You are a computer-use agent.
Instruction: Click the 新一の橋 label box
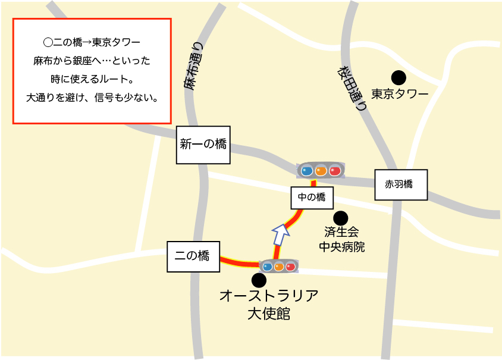[x=203, y=145]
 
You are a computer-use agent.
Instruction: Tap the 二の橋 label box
[x=193, y=256]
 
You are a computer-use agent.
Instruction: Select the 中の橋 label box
[x=312, y=198]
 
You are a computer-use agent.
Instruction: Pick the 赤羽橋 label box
[x=400, y=184]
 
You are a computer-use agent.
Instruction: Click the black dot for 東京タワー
[x=398, y=77]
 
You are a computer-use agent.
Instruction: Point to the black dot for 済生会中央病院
[x=341, y=218]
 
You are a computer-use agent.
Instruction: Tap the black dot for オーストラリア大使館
[x=259, y=280]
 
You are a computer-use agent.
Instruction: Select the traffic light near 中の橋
[x=321, y=171]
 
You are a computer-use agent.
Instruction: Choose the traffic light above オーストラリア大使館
[x=279, y=267]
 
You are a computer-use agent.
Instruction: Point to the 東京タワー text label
[x=400, y=94]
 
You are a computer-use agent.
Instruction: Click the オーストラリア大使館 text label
[x=269, y=304]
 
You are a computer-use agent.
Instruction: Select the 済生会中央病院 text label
[x=341, y=239]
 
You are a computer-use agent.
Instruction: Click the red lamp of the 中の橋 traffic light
[x=335, y=171]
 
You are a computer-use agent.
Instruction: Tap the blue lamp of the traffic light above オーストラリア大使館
[x=268, y=267]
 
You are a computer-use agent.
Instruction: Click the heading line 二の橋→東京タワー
[x=92, y=43]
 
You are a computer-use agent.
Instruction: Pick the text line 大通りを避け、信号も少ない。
[x=92, y=97]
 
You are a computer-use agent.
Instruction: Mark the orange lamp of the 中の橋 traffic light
[x=321, y=171]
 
